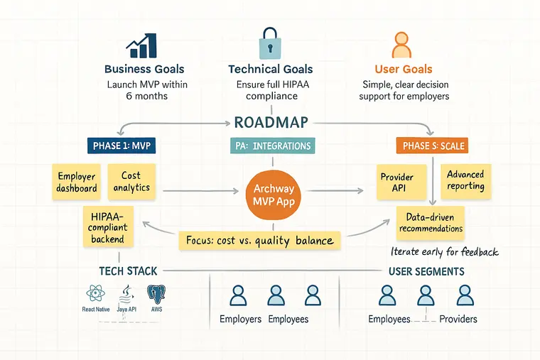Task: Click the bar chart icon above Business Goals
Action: [x=142, y=44]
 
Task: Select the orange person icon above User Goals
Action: [x=402, y=44]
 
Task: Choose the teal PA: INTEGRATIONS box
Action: [x=272, y=146]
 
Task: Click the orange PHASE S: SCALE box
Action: [x=431, y=146]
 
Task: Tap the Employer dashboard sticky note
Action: [x=77, y=182]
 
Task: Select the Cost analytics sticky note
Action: [x=131, y=181]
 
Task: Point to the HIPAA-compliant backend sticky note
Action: [x=108, y=226]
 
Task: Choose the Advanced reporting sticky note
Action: [x=465, y=180]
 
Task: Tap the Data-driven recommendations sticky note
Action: [x=431, y=222]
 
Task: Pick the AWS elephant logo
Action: [x=155, y=294]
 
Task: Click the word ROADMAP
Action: [x=271, y=121]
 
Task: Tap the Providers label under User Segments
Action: [x=458, y=319]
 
